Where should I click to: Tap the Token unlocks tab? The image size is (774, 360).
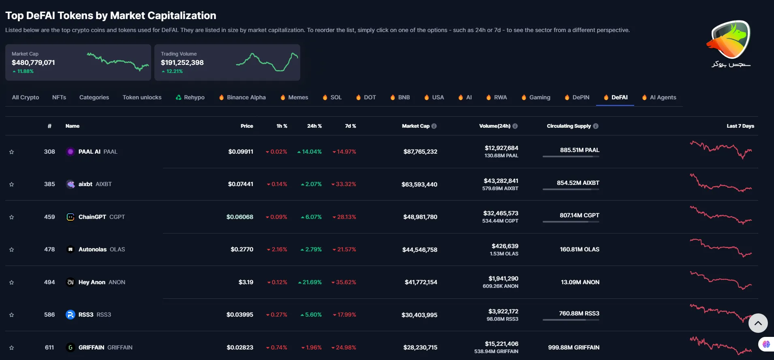[x=142, y=97]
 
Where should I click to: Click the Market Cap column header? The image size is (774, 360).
[x=415, y=126]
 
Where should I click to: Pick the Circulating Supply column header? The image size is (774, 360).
[x=569, y=126]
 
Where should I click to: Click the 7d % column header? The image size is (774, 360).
[x=351, y=126]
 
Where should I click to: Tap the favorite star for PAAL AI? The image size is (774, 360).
[x=12, y=152]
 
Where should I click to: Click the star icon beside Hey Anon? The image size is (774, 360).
[x=12, y=283]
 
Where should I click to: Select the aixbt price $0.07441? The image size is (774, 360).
[x=240, y=184]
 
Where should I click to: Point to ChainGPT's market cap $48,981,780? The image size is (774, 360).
[x=420, y=217]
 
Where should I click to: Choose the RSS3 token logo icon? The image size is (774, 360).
[x=71, y=315]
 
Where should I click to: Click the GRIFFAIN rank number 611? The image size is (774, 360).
[x=49, y=347]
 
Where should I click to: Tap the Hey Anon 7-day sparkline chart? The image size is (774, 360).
[x=721, y=281]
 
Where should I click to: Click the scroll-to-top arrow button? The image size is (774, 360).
[x=758, y=323]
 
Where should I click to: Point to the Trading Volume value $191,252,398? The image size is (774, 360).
[x=182, y=62]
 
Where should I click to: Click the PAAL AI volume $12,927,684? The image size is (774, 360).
[x=501, y=148]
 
